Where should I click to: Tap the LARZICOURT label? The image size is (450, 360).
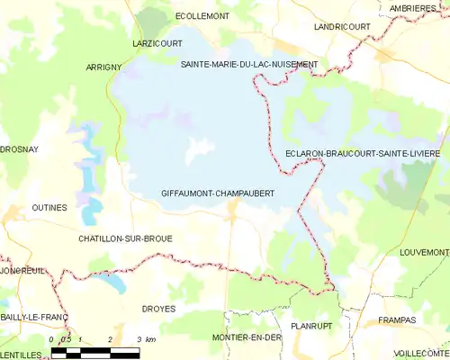[157, 42]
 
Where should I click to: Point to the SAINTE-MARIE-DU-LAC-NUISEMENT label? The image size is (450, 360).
[249, 65]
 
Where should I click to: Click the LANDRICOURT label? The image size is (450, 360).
[341, 27]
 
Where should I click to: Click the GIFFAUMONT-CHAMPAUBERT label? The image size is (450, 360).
[217, 193]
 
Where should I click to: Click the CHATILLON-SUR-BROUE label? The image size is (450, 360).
[125, 238]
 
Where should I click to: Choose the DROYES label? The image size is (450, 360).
[158, 308]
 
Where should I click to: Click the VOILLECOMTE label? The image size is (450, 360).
[420, 352]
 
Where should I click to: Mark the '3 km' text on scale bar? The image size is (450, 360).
[145, 339]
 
